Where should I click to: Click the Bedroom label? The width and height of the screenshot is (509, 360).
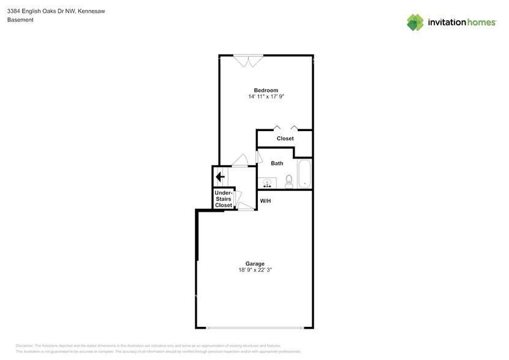tap(266, 90)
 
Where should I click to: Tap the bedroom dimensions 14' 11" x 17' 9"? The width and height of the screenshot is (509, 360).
tap(266, 97)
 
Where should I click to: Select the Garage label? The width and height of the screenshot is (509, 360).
tap(255, 263)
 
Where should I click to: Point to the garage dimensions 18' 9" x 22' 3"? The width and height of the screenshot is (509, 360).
tap(255, 270)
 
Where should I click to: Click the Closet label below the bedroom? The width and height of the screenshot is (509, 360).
tap(285, 138)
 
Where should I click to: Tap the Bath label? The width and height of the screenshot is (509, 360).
tap(277, 163)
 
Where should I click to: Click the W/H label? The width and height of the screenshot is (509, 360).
tap(266, 201)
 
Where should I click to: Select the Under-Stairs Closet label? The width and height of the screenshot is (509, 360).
tap(223, 199)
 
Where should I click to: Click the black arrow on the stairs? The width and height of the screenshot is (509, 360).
tap(220, 176)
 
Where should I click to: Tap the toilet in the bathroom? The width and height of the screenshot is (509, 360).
tap(289, 181)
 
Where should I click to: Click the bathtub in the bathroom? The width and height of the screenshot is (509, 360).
tap(304, 174)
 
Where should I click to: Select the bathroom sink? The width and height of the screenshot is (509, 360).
tap(267, 182)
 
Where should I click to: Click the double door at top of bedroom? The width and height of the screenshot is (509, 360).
tap(248, 60)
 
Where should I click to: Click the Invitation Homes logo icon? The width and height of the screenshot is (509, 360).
tap(416, 22)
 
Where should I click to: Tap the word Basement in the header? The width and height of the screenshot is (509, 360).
tap(20, 20)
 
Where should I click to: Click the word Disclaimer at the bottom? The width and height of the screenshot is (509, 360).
tap(26, 346)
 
